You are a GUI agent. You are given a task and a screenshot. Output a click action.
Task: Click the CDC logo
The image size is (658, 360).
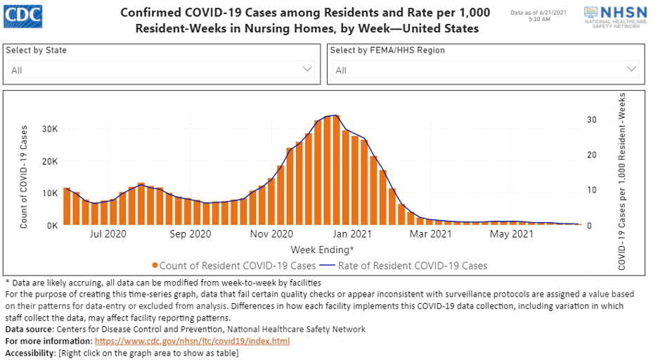[x=22, y=14]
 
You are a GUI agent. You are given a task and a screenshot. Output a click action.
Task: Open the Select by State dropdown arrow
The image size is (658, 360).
[x=307, y=69]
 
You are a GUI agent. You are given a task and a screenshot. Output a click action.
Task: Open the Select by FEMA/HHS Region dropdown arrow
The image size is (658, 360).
[x=631, y=69]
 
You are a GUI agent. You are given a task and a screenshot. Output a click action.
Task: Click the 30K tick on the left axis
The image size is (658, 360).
[x=49, y=129]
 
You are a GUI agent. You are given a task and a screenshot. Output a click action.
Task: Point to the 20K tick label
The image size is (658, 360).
[x=49, y=161]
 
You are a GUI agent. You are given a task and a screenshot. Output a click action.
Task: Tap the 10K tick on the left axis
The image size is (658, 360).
[x=49, y=193]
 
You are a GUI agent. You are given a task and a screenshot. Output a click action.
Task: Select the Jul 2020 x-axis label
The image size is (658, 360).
[x=108, y=233]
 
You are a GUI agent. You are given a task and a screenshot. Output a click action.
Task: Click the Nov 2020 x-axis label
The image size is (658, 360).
[x=271, y=233]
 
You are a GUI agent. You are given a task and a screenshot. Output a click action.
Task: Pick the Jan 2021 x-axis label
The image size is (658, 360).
[x=351, y=233]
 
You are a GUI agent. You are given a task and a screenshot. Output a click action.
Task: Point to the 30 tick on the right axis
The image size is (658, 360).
[x=592, y=120]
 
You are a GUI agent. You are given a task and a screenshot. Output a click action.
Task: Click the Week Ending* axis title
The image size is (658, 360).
[x=322, y=250]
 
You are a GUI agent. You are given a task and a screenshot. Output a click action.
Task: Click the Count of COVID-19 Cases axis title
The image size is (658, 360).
[x=24, y=176]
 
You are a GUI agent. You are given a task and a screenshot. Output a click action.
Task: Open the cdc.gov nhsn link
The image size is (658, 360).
[x=192, y=341]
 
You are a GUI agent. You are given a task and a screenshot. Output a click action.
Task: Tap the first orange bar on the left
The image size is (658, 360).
[x=67, y=206]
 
